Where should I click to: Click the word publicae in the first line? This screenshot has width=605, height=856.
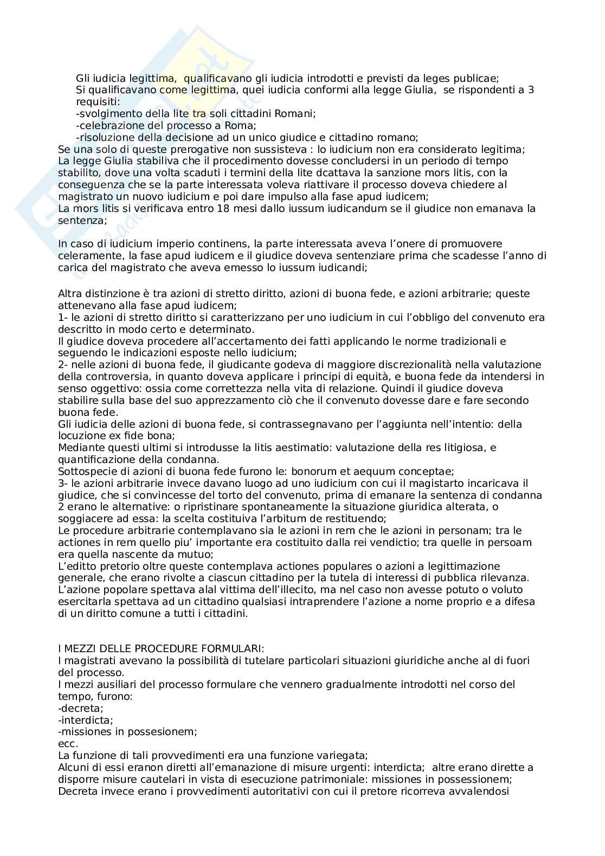[x=478, y=78]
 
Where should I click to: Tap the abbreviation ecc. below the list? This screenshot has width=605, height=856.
[x=68, y=743]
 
